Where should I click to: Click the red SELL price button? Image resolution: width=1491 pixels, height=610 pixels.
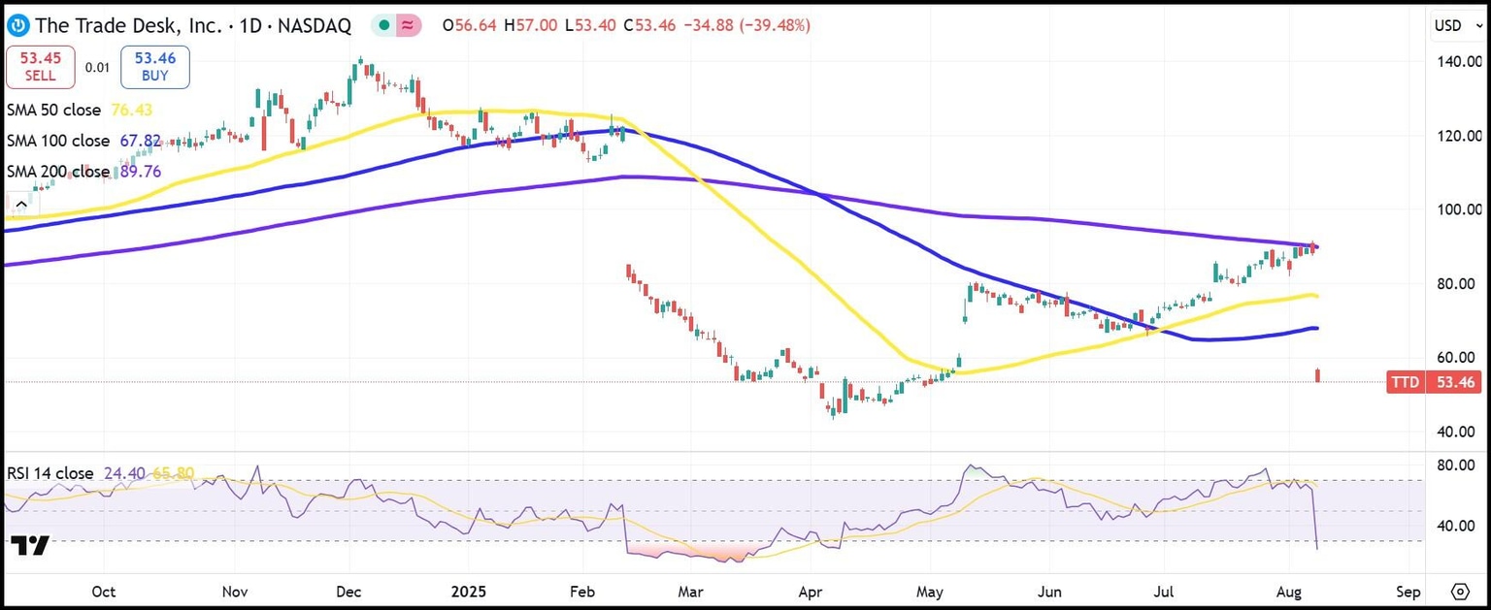click(39, 67)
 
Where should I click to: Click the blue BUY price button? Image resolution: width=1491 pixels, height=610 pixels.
click(154, 67)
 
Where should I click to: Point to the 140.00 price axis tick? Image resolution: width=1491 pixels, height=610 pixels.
click(1458, 61)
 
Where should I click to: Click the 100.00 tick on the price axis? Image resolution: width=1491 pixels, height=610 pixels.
click(1458, 209)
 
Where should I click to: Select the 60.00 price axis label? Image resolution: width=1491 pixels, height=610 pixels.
click(1459, 357)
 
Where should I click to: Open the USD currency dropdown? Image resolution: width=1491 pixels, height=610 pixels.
click(1459, 25)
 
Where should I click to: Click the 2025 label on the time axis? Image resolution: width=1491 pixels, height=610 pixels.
click(468, 592)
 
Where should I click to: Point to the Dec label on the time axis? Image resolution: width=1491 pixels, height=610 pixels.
click(348, 592)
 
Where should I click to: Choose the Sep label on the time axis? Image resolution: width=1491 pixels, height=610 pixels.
click(1408, 592)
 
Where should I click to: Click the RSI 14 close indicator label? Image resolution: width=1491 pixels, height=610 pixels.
click(50, 473)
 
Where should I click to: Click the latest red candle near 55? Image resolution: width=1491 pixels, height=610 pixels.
click(1317, 374)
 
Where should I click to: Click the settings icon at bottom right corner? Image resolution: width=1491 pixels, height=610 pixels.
click(1461, 592)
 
